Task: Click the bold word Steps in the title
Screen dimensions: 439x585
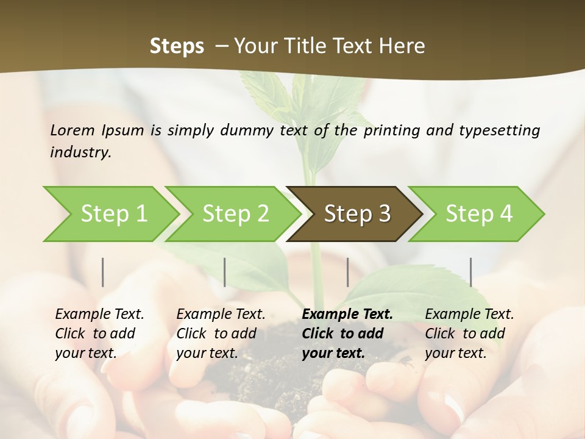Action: click(x=177, y=46)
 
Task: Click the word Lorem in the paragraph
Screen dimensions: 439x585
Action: click(x=72, y=130)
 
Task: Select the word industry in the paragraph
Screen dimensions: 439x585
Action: click(x=80, y=152)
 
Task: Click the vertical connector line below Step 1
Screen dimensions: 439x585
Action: click(x=103, y=272)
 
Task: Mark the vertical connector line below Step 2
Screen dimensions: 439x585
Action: click(x=225, y=272)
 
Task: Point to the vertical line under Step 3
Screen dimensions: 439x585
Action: click(x=348, y=272)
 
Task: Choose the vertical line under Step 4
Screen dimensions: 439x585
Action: click(x=471, y=272)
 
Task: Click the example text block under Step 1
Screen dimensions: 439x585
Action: click(x=99, y=334)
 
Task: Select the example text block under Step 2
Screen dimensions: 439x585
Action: click(x=220, y=334)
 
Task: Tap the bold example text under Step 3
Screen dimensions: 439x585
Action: click(x=347, y=334)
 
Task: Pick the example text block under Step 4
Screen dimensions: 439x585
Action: click(x=469, y=334)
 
